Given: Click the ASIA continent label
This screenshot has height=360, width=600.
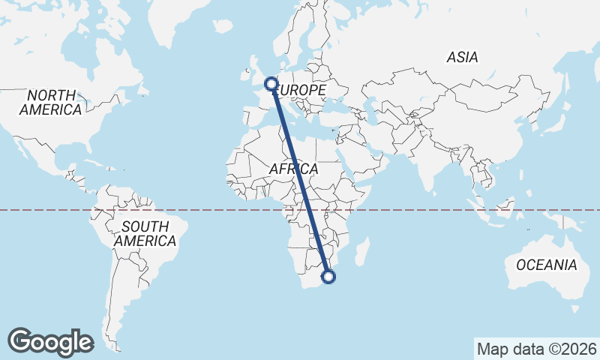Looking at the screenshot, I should point(462,57).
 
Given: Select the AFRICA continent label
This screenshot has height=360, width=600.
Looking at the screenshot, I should point(293,169).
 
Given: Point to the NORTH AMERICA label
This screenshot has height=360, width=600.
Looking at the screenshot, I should point(51,103).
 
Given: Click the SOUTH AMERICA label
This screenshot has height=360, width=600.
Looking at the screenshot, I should point(145,234).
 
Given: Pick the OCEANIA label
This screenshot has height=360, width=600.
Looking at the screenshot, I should point(546,265).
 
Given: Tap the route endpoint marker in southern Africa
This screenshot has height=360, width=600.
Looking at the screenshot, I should point(328,277).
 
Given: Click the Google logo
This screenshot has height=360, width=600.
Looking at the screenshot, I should point(51,342).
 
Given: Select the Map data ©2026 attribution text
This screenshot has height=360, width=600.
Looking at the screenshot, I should point(536,349).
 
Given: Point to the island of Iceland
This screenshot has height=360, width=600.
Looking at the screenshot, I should point(223,26).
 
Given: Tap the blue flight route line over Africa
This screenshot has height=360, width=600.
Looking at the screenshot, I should point(300,180).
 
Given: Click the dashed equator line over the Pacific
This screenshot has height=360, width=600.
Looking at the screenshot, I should point(45,210).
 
